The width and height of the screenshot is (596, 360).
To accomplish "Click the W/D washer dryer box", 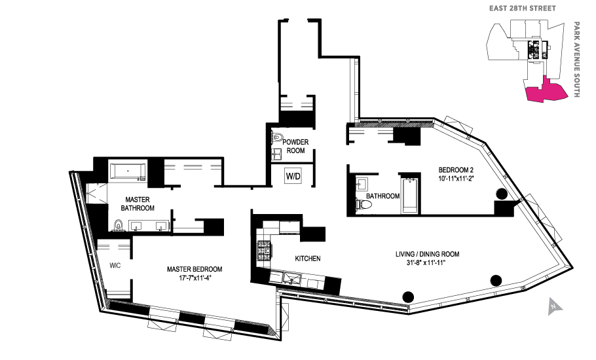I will (x=292, y=176).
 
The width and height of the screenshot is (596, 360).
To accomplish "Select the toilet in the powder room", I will (x=278, y=138).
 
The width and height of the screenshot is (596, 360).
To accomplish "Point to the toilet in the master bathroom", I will (x=119, y=226).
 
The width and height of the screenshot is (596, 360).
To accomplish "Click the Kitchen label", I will (x=308, y=259).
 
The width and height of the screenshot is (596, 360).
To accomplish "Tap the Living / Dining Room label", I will (x=427, y=254).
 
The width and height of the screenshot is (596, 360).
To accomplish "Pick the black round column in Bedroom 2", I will (x=502, y=194).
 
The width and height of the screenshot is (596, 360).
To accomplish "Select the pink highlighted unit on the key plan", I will (x=543, y=92).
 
